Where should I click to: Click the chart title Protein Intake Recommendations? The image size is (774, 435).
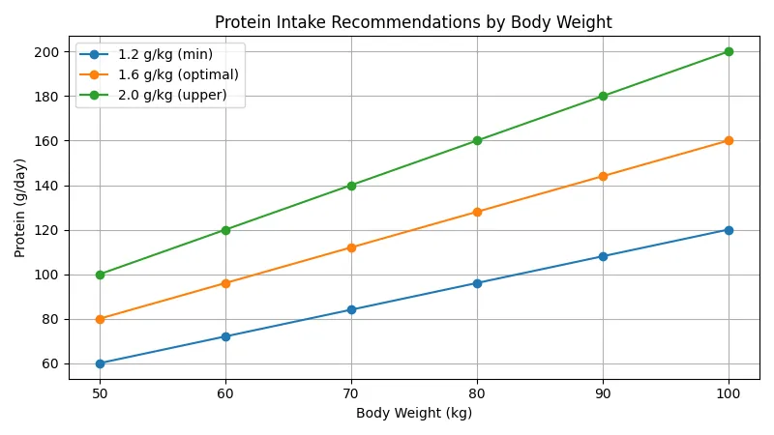click(x=413, y=22)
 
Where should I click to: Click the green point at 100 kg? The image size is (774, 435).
click(x=729, y=51)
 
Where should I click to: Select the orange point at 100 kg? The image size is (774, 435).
click(x=729, y=140)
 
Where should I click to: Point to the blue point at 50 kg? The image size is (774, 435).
click(x=100, y=363)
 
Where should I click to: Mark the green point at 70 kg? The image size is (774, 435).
click(x=351, y=186)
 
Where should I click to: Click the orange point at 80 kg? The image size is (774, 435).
click(x=477, y=212)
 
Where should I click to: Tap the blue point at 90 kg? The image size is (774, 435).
click(x=603, y=256)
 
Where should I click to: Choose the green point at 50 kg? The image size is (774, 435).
click(x=100, y=275)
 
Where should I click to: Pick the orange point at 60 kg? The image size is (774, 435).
click(x=225, y=283)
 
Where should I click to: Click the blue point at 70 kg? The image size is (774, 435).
click(x=351, y=309)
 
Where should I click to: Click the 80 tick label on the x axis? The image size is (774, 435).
click(x=477, y=393)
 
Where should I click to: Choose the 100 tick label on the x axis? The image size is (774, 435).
click(x=729, y=393)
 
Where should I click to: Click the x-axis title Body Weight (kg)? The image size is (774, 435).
click(x=414, y=413)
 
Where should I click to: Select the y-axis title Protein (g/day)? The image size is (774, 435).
click(x=21, y=208)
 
